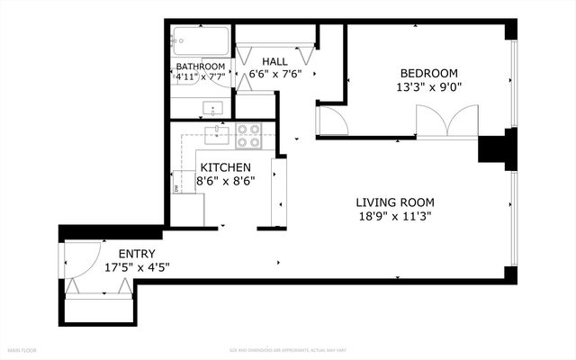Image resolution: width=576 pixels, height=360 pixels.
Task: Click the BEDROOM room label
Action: click(x=429, y=74)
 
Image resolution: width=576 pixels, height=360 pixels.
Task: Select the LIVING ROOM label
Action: click(x=395, y=202)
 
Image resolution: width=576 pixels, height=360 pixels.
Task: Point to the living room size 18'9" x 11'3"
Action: click(x=395, y=216)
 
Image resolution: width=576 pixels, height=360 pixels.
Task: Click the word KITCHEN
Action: click(x=227, y=167)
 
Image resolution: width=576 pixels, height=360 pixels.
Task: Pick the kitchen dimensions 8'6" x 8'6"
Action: click(x=227, y=180)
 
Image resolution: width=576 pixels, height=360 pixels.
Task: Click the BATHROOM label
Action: click(x=201, y=67)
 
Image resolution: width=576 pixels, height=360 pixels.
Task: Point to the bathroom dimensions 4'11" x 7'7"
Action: click(x=201, y=77)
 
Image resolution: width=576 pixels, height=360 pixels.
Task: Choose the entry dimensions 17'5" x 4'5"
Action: click(x=137, y=267)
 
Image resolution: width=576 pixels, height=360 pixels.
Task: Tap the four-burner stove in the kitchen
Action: click(x=248, y=136)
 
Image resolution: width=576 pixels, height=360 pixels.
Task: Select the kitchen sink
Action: click(x=216, y=136)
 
